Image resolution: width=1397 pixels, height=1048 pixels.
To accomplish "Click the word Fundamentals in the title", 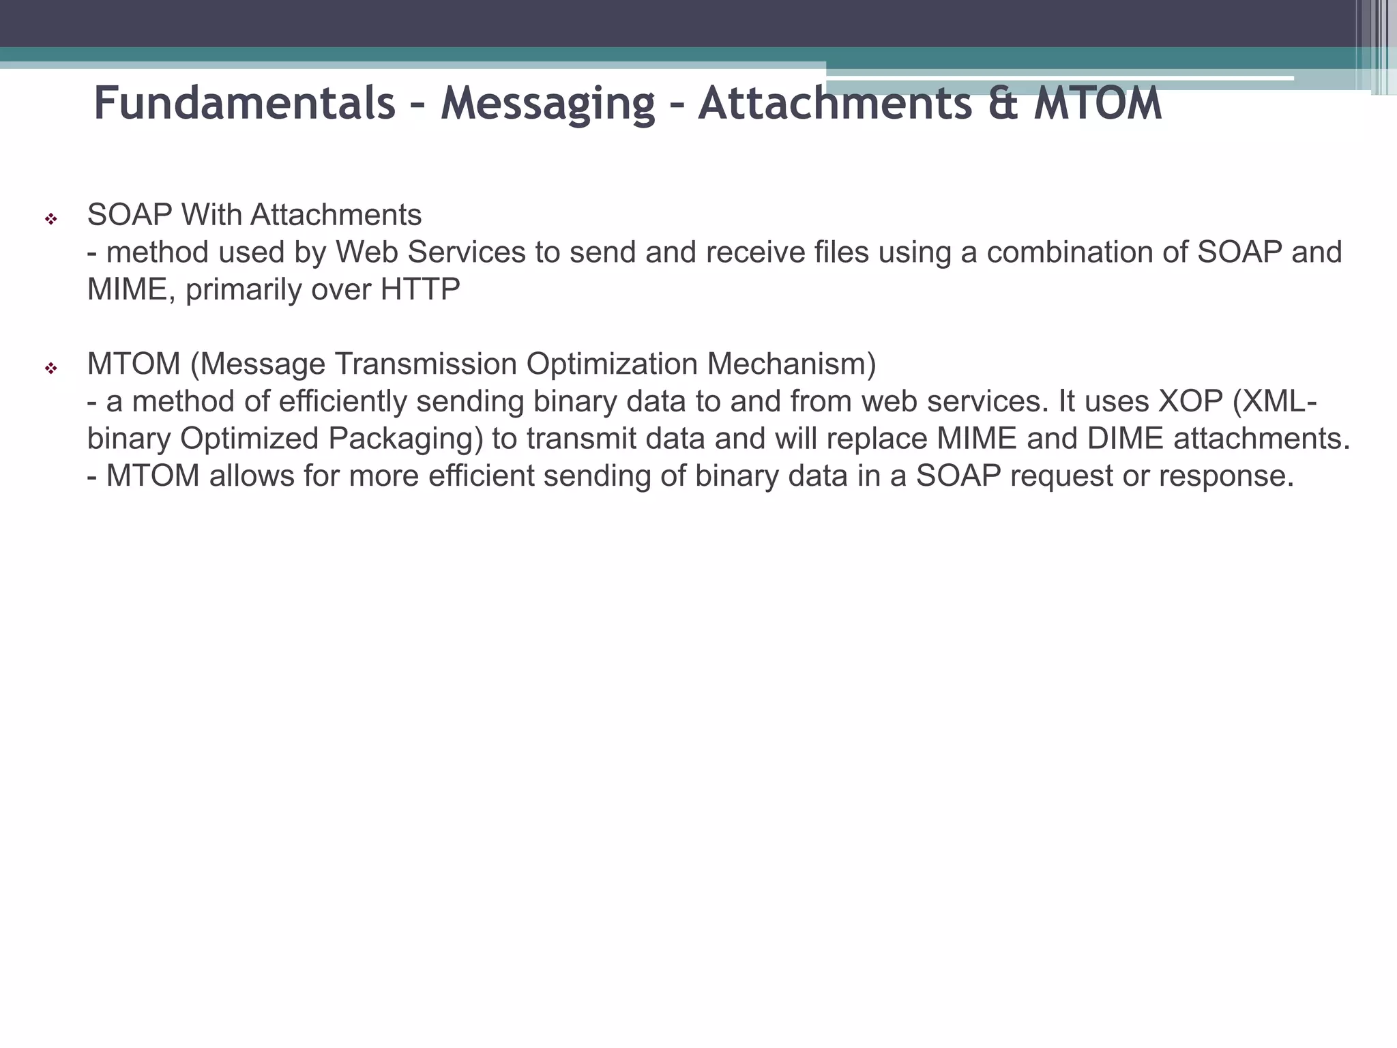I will point(244,104).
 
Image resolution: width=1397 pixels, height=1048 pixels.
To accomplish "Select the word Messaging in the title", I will point(548,104).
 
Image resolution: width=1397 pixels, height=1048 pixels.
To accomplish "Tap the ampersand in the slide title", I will point(1003,104).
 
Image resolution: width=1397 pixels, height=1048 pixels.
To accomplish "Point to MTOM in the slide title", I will point(1098,104).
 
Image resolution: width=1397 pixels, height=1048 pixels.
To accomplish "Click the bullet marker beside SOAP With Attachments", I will point(50,220).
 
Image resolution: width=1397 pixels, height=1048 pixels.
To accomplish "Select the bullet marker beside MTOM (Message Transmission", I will point(50,369).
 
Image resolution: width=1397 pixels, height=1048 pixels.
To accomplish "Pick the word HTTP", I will point(420,290).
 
